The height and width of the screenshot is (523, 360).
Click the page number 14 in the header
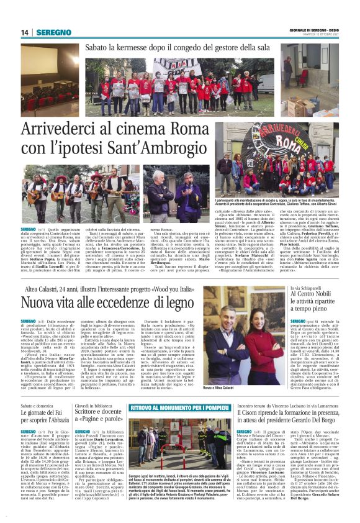click(x=25, y=32)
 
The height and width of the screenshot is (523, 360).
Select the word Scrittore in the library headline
click(x=92, y=411)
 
